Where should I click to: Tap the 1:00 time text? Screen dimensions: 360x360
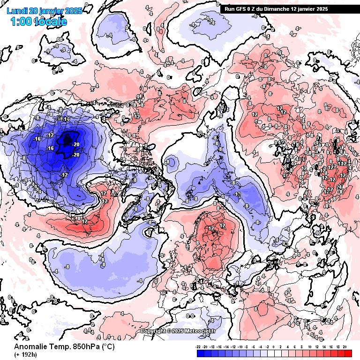21,22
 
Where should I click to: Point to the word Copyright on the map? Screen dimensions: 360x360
154,331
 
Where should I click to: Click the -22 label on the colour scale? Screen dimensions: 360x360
198,347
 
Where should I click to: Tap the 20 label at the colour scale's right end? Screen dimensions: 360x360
345,347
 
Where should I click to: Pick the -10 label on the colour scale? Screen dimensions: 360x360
239,347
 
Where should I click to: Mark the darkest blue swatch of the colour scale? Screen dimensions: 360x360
199,353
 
